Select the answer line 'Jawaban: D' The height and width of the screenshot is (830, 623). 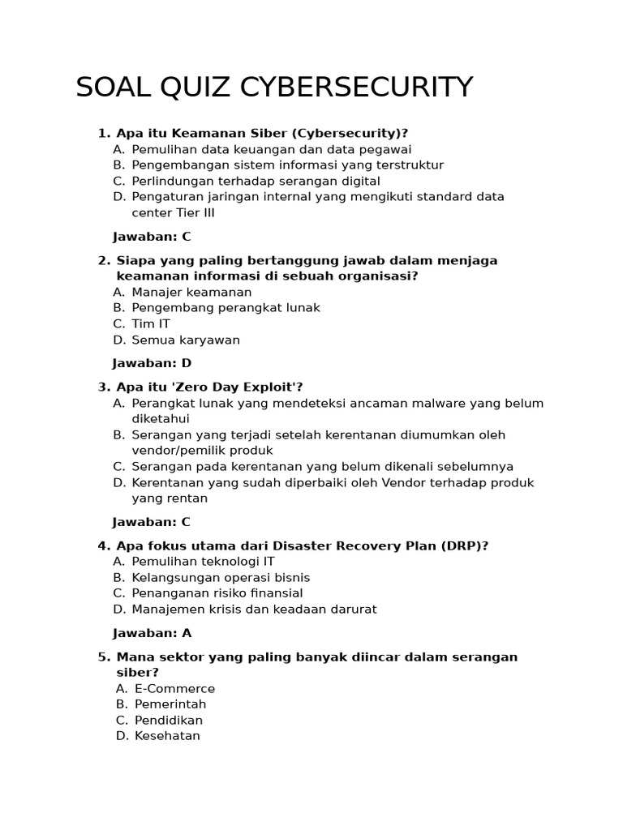(x=152, y=363)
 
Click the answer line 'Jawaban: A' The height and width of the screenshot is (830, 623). (x=152, y=633)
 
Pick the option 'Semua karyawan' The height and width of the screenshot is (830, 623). (x=186, y=340)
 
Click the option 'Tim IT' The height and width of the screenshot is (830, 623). (x=151, y=323)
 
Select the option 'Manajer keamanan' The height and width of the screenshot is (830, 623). (x=191, y=292)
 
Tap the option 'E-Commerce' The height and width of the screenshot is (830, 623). (x=174, y=688)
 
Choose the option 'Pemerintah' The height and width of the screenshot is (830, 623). (x=170, y=704)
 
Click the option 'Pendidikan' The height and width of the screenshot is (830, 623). (x=169, y=720)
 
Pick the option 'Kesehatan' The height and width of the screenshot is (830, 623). (x=167, y=736)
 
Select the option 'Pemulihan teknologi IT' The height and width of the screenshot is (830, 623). (x=203, y=561)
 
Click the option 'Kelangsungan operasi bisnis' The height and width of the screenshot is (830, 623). (x=221, y=577)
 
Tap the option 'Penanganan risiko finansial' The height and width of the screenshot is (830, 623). (x=217, y=593)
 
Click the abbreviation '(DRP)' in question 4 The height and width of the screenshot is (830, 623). (x=465, y=545)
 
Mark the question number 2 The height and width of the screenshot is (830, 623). (x=102, y=260)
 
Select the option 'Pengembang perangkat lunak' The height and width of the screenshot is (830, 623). (x=226, y=308)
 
